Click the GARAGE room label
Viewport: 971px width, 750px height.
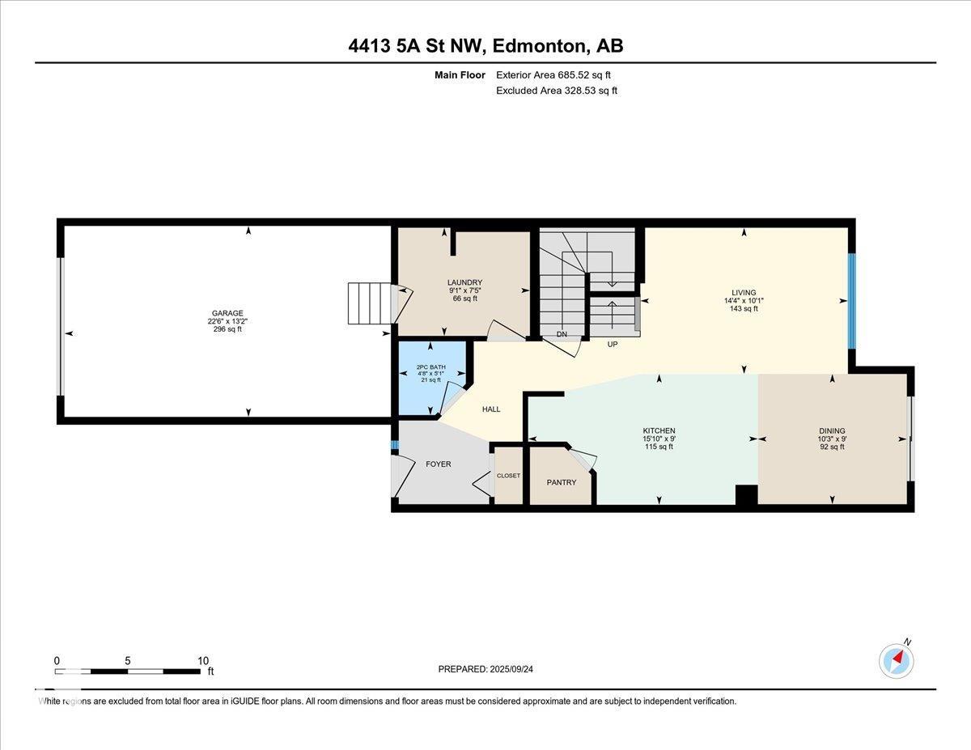tap(227, 313)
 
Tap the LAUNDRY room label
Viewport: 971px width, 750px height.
tap(464, 282)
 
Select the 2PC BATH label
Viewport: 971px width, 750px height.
tap(430, 367)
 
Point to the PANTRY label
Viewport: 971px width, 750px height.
tap(562, 482)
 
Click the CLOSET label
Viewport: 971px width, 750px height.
tap(508, 475)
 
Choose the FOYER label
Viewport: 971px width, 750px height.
tap(439, 464)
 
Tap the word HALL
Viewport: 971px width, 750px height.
tap(491, 409)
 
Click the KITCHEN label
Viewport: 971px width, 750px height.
tap(659, 430)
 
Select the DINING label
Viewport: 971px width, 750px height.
tap(832, 430)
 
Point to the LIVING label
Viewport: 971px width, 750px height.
tap(744, 293)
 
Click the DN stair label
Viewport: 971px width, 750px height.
tap(562, 334)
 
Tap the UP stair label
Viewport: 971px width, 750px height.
tap(613, 345)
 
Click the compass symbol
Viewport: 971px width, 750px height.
tap(897, 661)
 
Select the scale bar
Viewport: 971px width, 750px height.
tap(128, 672)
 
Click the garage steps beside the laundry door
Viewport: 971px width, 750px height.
tap(370, 303)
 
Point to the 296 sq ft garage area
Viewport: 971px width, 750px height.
tap(227, 329)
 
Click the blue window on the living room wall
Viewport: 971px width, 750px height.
tap(852, 301)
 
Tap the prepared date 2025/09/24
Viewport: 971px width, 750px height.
tap(511, 669)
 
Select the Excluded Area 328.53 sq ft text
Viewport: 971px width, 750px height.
tap(557, 91)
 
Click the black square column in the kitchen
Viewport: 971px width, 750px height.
tap(746, 495)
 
